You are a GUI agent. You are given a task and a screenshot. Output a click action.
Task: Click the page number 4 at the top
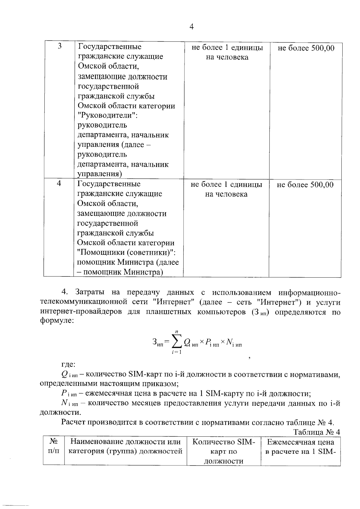[x=192, y=27]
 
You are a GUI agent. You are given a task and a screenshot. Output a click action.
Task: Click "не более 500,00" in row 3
[x=306, y=48]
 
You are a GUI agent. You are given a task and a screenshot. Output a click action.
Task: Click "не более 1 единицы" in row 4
[x=226, y=184]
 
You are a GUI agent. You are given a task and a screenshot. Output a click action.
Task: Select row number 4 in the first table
[x=59, y=183]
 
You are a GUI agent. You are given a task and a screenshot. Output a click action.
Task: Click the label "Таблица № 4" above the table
[x=317, y=432]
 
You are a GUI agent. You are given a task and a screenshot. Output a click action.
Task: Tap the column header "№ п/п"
[x=54, y=447]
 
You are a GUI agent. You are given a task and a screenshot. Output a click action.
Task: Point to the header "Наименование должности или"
[x=125, y=442]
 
